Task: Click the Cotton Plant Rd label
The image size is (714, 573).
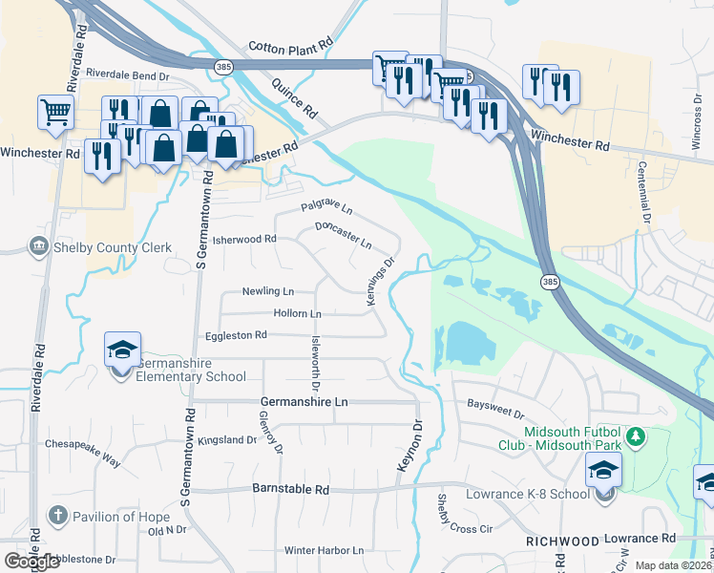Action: coord(290,45)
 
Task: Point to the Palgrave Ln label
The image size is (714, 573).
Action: coord(326,206)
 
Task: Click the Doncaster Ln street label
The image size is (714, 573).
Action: coord(343,234)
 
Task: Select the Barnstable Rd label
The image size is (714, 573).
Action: coord(290,489)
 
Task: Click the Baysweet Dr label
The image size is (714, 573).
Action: coord(495,410)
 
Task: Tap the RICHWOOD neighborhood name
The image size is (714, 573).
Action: coord(562,541)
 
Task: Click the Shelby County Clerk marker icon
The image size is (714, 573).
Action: coord(39,247)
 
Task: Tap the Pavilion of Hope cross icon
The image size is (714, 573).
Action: coord(57,517)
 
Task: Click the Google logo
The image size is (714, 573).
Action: coord(32,562)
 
